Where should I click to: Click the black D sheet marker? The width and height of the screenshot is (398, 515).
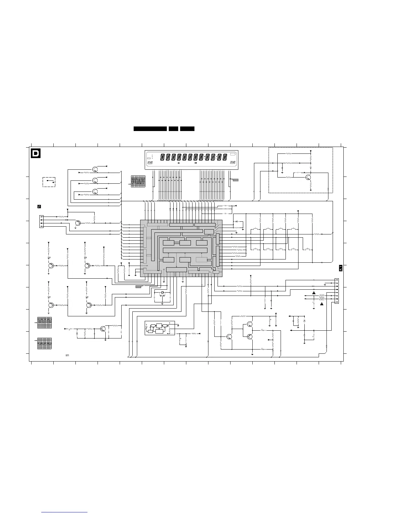point(35,153)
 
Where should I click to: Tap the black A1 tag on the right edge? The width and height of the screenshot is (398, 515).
point(340,268)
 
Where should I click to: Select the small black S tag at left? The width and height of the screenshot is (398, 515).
point(39,206)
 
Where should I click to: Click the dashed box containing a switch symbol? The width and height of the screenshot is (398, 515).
point(49,182)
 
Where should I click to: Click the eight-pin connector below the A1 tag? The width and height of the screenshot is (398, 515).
point(337,291)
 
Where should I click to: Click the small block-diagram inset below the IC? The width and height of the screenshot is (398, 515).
point(160,328)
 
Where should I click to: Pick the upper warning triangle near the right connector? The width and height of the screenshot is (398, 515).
point(314,293)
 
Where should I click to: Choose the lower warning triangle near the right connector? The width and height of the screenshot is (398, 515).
point(322,304)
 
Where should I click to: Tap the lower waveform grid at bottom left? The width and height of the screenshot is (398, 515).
point(44,344)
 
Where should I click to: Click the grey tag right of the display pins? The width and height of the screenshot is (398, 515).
point(235,179)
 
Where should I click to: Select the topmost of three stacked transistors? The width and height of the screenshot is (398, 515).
point(95,169)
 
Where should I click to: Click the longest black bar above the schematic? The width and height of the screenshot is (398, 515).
point(150,129)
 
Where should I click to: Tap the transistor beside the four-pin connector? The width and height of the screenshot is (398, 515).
point(78,223)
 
